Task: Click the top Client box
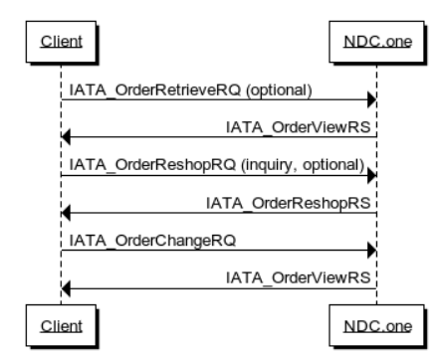(x=61, y=45)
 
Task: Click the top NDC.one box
(x=376, y=45)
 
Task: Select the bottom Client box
(x=61, y=324)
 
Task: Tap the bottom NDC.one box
(x=376, y=324)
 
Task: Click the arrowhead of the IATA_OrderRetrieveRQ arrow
(x=371, y=99)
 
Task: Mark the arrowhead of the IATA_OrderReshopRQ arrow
(x=371, y=174)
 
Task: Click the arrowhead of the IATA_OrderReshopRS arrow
(x=66, y=212)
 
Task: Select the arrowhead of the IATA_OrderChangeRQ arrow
(x=371, y=250)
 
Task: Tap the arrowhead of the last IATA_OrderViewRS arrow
(x=66, y=287)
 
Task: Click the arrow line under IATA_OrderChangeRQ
(x=219, y=250)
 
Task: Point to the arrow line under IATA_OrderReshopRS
(x=219, y=212)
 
